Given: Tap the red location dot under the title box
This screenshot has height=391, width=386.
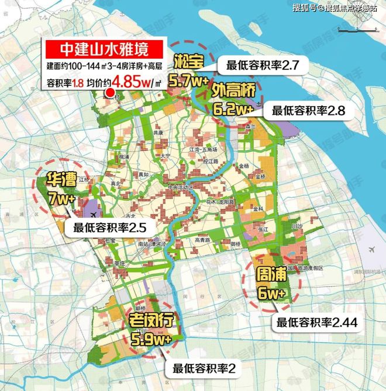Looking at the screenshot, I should (108, 93).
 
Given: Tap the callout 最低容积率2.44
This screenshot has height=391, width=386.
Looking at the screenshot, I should (317, 322).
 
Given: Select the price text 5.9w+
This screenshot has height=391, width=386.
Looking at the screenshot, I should (150, 338).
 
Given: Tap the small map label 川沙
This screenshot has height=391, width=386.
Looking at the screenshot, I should (296, 224).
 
